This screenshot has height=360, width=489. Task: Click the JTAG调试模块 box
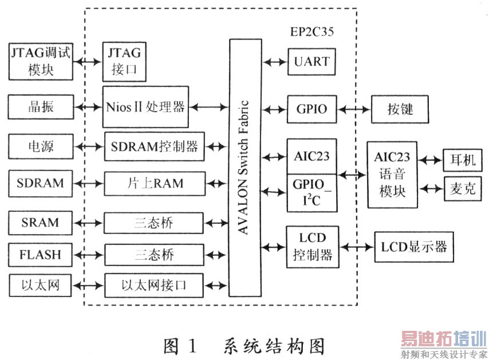click(x=41, y=61)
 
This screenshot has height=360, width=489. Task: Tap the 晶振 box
click(x=41, y=107)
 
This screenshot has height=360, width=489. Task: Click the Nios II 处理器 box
click(x=145, y=107)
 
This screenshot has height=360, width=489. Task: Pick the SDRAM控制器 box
click(x=153, y=146)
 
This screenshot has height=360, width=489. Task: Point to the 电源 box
click(x=41, y=146)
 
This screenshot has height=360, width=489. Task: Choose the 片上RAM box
click(x=153, y=184)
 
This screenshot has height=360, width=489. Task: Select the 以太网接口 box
click(x=153, y=283)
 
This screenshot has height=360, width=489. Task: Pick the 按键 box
click(x=400, y=108)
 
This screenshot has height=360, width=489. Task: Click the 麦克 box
click(x=460, y=187)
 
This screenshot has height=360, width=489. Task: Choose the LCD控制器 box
click(x=311, y=247)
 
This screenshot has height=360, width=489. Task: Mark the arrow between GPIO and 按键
click(x=354, y=108)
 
